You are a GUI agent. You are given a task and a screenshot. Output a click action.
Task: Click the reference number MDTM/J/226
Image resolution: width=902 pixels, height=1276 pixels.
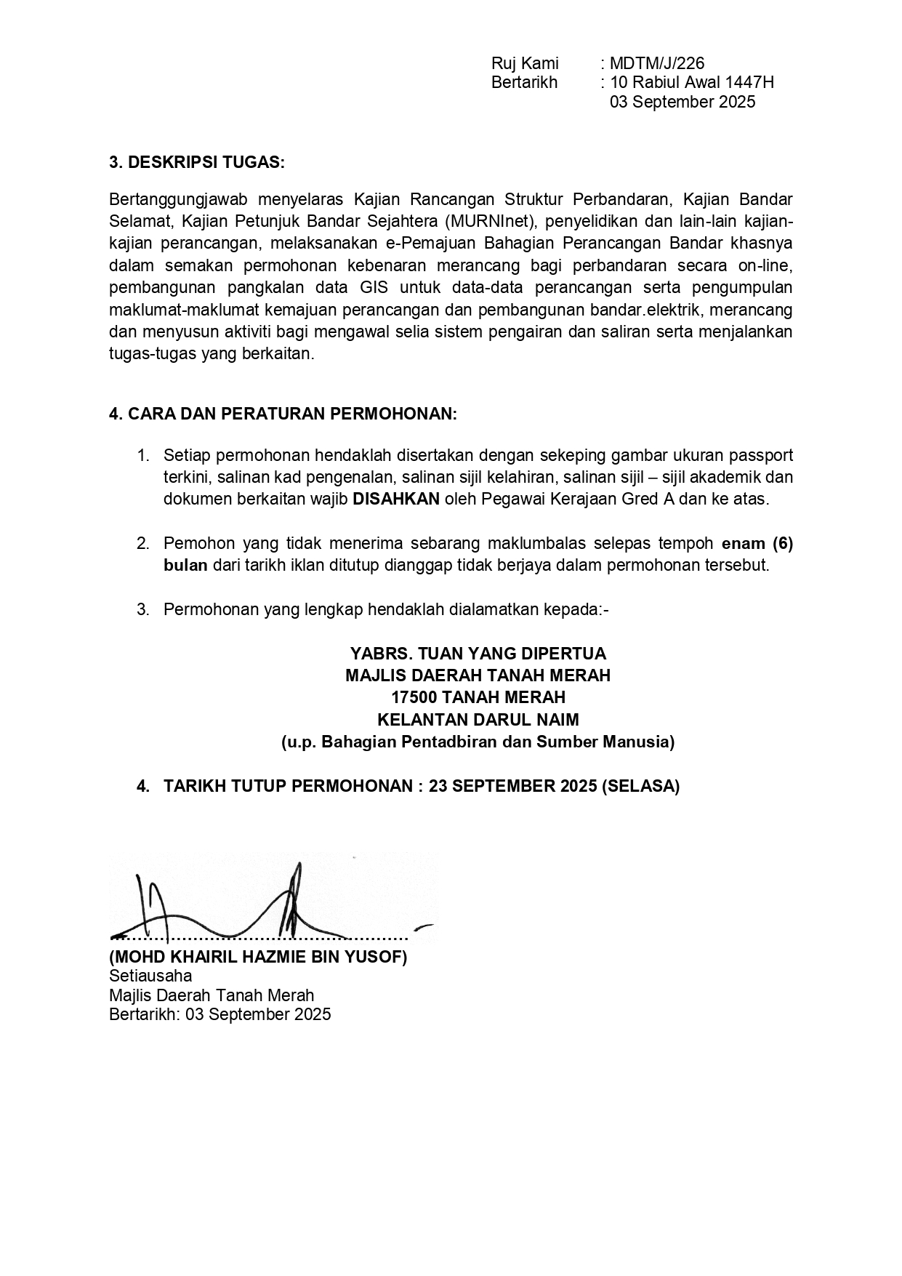657,63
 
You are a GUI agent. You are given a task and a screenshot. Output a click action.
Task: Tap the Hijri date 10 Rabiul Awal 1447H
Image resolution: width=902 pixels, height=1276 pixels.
692,82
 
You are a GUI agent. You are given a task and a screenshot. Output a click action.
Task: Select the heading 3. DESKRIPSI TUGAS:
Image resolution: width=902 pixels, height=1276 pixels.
197,162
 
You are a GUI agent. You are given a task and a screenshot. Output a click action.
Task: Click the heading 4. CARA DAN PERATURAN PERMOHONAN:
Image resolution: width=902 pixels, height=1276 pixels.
283,414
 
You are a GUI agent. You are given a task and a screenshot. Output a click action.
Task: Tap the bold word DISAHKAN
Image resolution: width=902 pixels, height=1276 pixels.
396,499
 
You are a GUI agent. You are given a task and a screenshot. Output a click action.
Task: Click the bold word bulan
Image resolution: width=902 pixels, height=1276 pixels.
185,566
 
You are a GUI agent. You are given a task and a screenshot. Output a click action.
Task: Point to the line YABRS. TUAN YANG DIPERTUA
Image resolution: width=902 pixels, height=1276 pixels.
478,654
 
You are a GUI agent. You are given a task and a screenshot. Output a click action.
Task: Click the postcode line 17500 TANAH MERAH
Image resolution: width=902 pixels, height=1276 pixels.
478,698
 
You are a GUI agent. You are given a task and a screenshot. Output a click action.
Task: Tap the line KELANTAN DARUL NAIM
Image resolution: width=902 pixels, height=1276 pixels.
478,721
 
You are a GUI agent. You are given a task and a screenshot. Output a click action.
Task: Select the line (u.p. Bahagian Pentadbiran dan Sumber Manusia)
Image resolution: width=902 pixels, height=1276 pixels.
478,742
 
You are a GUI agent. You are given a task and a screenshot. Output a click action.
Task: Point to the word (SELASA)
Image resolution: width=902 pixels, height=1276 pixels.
640,787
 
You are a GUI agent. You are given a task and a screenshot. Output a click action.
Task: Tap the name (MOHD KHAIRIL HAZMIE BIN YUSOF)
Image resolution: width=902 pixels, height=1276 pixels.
258,957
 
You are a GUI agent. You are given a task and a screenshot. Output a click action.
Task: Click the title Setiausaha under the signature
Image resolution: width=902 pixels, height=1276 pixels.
150,976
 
